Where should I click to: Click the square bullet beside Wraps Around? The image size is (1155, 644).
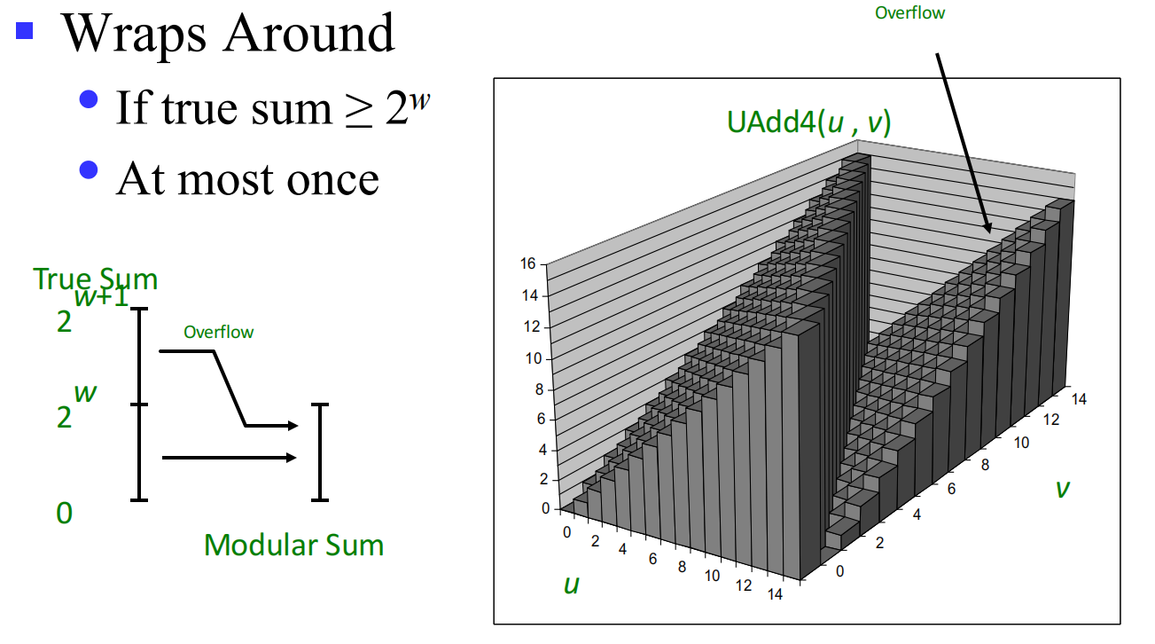click(x=24, y=30)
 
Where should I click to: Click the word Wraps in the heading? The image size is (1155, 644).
click(x=134, y=34)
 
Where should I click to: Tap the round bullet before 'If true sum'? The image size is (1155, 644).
click(x=89, y=99)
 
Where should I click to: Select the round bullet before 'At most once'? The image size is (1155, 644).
click(x=89, y=169)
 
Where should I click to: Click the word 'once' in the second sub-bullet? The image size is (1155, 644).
click(x=332, y=181)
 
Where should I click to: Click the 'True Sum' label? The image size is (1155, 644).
click(x=96, y=279)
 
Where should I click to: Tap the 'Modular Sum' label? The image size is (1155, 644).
click(x=294, y=545)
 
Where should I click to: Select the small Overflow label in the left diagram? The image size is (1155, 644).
click(x=219, y=332)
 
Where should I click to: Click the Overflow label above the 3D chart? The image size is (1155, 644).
click(x=910, y=13)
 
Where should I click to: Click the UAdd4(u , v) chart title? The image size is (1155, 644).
click(x=809, y=122)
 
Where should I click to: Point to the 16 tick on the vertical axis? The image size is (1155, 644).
click(x=528, y=263)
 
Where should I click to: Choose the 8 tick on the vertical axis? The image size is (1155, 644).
click(x=539, y=389)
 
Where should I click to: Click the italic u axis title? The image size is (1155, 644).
click(x=572, y=585)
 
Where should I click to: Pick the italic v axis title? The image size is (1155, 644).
click(x=1063, y=488)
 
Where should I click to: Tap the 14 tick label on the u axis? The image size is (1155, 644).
click(x=775, y=594)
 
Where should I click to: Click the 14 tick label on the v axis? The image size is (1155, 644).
click(x=1079, y=399)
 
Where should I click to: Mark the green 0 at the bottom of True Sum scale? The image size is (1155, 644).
click(x=64, y=514)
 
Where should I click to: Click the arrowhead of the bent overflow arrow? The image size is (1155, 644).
click(x=293, y=426)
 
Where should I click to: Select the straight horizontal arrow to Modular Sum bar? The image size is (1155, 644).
click(x=230, y=458)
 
